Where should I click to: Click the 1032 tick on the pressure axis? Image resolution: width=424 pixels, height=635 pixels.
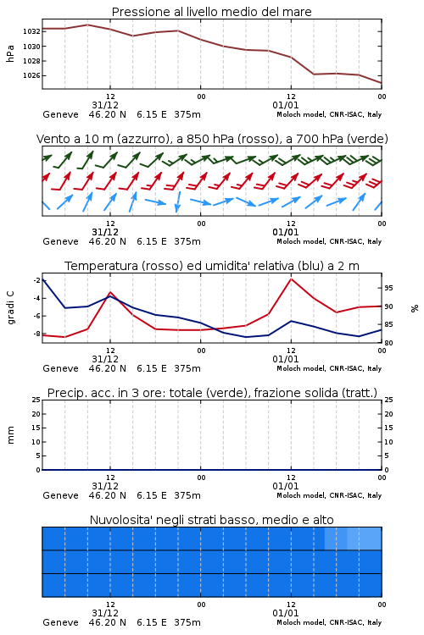[31, 31]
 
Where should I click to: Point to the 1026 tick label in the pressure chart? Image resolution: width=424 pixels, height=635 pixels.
[31, 75]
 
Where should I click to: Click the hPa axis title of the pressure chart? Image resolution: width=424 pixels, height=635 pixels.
[10, 53]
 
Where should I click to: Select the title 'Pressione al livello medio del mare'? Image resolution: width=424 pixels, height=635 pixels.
[212, 12]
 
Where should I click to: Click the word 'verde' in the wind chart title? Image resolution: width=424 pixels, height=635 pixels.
[367, 139]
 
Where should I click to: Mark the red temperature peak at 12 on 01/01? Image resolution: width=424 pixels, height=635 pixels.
[292, 279]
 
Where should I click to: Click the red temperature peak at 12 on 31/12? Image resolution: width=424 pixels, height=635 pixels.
[110, 292]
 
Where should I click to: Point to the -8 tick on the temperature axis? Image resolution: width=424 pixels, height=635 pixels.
[36, 334]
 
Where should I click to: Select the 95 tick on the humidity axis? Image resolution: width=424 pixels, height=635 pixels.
[388, 288]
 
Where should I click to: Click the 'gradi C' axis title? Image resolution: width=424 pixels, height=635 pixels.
[11, 307]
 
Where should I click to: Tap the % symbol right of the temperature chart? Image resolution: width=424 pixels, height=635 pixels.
[415, 308]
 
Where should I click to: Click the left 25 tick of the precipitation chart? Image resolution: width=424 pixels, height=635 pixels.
[36, 400]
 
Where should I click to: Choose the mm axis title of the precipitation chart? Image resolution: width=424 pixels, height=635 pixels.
[10, 435]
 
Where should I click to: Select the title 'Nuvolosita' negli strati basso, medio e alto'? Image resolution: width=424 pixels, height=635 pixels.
[212, 520]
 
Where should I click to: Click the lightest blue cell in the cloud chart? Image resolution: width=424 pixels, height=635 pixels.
[365, 538]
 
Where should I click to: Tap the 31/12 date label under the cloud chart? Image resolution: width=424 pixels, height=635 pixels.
[105, 613]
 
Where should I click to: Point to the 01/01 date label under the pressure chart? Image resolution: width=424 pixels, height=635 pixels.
[286, 105]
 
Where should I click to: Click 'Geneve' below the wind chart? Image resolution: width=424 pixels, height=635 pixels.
[60, 241]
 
